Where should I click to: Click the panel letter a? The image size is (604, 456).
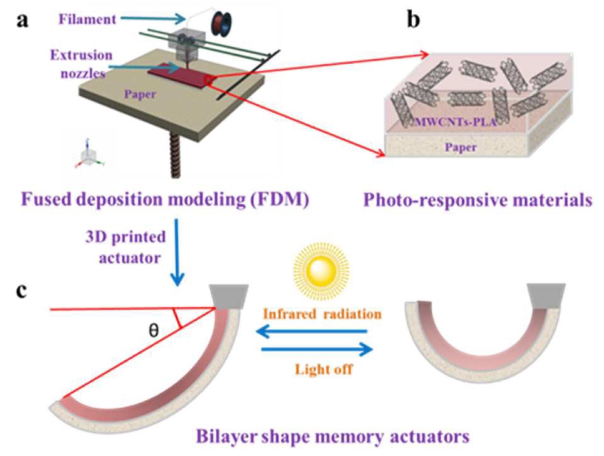[22, 21]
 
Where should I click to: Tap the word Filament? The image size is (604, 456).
[87, 19]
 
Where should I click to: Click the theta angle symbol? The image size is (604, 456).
[154, 330]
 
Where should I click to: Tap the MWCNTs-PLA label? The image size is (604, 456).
[455, 122]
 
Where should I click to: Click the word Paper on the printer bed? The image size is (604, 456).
[140, 94]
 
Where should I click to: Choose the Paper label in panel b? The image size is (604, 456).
[461, 147]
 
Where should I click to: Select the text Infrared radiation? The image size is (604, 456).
[322, 314]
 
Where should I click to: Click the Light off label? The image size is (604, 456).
[323, 368]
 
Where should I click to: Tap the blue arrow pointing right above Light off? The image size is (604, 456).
[317, 350]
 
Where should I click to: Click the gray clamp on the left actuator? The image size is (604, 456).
[229, 295]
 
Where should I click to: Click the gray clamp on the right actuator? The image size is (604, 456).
[547, 295]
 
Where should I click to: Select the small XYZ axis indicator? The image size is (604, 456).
[89, 155]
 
